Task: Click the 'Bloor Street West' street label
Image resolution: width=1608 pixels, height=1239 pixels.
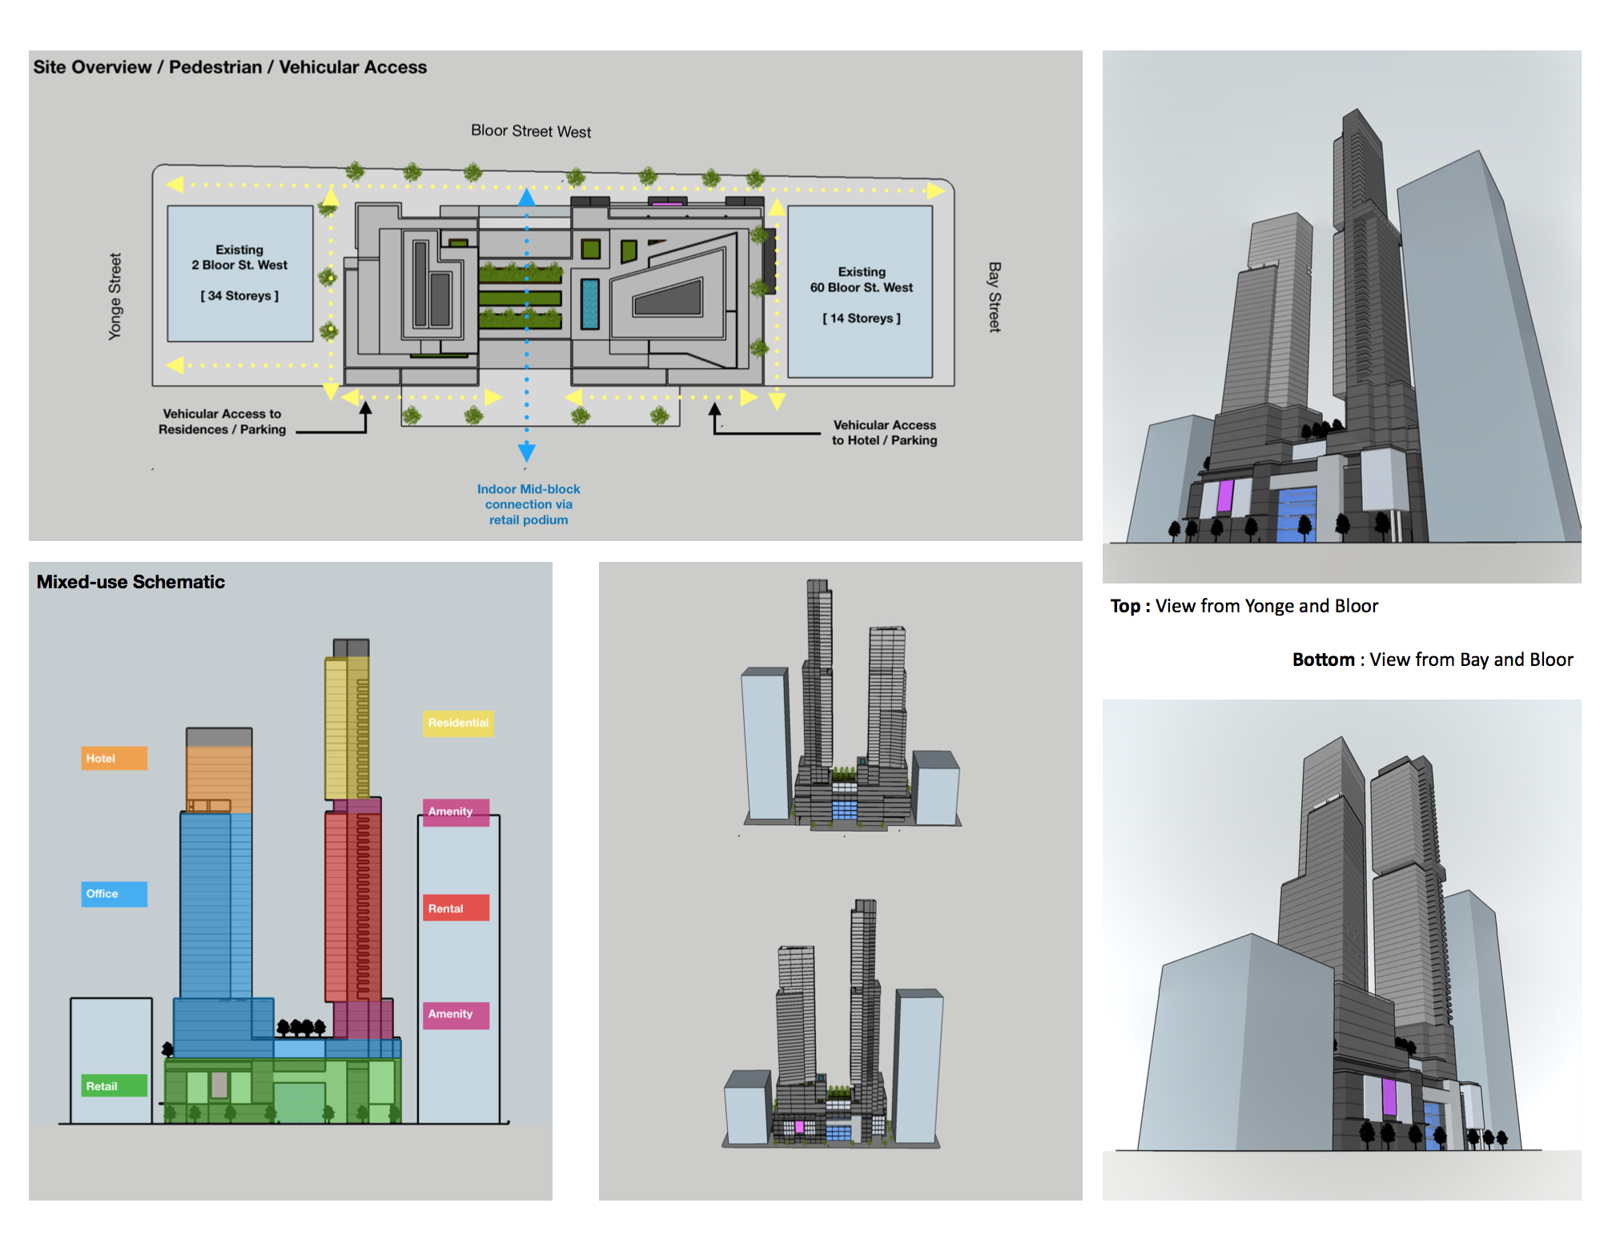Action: click(530, 131)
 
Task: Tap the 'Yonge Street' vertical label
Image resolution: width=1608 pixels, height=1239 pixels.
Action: click(115, 296)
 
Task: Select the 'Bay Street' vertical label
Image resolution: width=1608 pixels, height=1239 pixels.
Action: click(995, 296)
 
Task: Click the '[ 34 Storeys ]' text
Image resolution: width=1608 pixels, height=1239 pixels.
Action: click(239, 296)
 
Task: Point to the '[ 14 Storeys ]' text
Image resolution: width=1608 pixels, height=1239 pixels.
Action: click(861, 319)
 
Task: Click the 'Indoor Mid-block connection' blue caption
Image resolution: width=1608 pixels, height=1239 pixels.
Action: click(529, 504)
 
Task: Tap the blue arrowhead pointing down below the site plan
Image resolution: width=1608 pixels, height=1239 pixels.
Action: click(527, 451)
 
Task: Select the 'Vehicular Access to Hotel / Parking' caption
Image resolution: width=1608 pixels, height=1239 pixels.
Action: click(884, 433)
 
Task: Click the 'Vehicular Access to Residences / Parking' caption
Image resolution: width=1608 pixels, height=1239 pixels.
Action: click(222, 422)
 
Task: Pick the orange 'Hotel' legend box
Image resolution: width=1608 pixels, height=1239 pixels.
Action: click(114, 758)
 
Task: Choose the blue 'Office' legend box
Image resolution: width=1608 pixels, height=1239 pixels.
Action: click(114, 894)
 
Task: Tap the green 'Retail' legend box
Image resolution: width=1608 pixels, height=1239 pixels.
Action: click(114, 1086)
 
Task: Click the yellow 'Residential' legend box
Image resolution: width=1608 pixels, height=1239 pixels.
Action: click(458, 723)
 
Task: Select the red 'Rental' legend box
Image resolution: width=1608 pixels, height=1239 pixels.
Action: click(455, 908)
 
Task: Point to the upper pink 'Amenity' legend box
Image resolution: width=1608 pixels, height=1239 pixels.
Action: click(455, 812)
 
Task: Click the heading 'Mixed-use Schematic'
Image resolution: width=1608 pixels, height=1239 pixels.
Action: click(131, 582)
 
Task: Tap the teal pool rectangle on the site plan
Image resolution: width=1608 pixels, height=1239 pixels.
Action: click(590, 303)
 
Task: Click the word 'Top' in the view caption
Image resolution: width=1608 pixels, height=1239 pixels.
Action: click(1125, 606)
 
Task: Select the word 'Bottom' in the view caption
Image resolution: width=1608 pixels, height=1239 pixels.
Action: click(1323, 660)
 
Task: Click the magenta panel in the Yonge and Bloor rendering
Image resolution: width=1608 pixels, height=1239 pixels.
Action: click(1224, 495)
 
